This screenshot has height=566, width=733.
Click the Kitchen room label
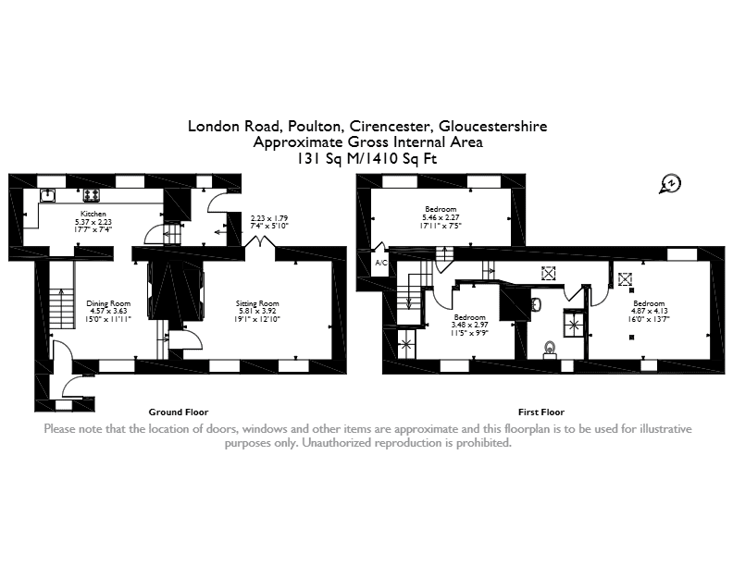point(93,214)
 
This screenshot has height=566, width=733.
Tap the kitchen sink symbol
point(48,195)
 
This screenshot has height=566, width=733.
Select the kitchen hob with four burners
point(91,195)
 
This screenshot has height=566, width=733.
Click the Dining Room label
point(108,303)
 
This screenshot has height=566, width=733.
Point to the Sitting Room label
point(257,303)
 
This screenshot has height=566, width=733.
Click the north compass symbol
point(671,184)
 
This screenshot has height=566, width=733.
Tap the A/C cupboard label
point(381,263)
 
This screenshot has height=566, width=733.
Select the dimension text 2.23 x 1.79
point(269,218)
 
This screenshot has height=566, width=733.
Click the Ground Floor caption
point(179,412)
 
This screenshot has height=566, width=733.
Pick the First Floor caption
point(541,412)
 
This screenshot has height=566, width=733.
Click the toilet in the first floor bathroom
point(551,350)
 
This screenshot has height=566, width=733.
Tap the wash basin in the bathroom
point(537,305)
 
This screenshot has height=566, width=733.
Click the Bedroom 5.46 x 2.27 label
point(441,209)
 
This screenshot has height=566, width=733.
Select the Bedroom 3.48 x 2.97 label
point(469,317)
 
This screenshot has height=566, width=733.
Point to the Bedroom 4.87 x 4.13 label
point(649,303)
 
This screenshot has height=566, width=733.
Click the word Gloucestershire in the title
point(493,126)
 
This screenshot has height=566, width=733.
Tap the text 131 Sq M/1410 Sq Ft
point(367,159)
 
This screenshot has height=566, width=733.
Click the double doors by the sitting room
point(260,241)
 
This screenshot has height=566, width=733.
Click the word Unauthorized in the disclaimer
point(335,443)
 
